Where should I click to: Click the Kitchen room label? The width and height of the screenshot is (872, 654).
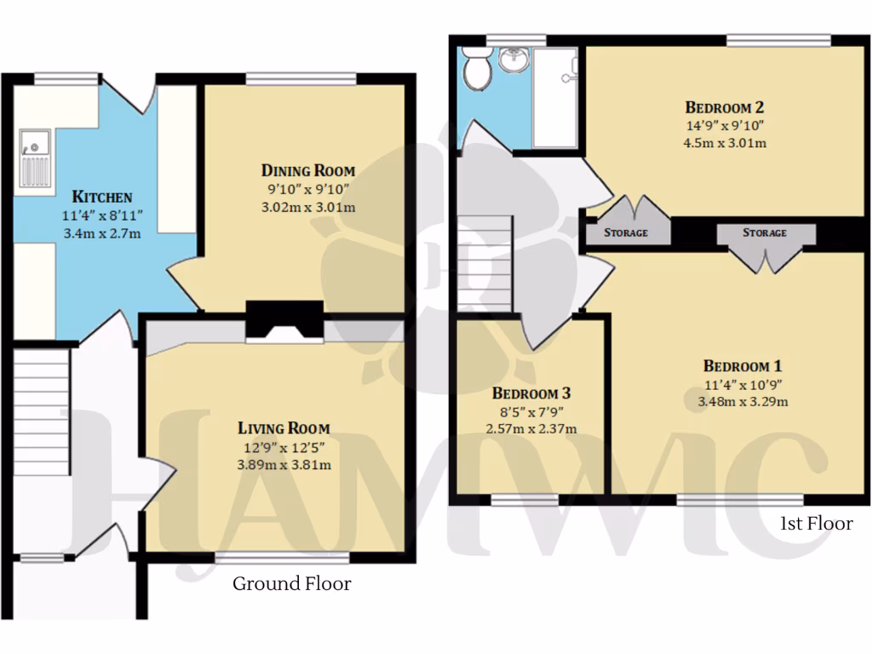coord(101,196)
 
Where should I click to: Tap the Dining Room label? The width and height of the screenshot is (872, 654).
coord(307,170)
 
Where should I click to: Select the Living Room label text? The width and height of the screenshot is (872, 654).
coord(284,428)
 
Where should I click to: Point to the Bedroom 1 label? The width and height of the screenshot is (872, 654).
coord(743,366)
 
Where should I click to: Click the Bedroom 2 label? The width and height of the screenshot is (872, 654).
coord(725,107)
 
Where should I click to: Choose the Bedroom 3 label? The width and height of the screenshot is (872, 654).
coord(531,393)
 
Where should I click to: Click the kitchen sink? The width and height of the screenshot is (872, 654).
coord(36,158)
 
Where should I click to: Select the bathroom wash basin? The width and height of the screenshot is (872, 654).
coord(513,60)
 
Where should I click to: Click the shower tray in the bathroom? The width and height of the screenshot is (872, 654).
coord(554,98)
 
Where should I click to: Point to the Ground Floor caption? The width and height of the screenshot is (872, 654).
coord(292,584)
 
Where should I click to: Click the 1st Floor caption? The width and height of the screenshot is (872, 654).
coord(816,524)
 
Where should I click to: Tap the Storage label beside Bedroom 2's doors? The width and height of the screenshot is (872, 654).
coord(626,232)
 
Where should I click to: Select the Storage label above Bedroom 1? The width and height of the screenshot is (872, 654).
coord(765,232)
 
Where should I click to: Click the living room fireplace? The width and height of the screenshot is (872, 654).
coord(284,324)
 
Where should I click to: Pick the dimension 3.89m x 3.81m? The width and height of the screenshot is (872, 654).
coord(284,464)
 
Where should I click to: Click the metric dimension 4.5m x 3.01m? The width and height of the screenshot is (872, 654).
coord(725,143)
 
